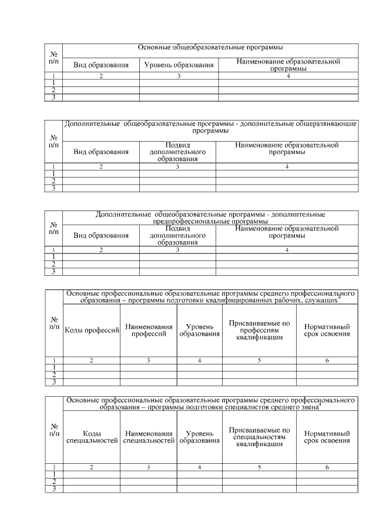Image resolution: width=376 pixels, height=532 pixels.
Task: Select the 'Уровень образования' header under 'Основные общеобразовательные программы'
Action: pyautogui.click(x=179, y=65)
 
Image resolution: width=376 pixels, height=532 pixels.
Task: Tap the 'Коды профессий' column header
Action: pyautogui.click(x=92, y=330)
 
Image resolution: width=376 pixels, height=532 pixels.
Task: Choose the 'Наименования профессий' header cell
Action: pyautogui.click(x=149, y=330)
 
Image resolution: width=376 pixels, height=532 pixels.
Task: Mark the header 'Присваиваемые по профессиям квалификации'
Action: pyautogui.click(x=259, y=330)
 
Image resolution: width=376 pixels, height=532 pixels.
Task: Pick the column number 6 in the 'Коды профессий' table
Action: pyautogui.click(x=327, y=360)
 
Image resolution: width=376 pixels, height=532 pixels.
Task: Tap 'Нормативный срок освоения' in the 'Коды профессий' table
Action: pyautogui.click(x=327, y=330)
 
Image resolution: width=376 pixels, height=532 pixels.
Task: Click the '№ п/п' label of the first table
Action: pyautogui.click(x=53, y=56)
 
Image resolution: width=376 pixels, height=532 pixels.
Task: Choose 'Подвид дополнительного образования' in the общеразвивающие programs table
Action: pyautogui.click(x=177, y=152)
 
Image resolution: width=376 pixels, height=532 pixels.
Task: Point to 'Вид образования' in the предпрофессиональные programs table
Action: pyautogui.click(x=100, y=235)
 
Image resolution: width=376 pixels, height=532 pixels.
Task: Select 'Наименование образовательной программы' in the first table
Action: pyautogui.click(x=287, y=65)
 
